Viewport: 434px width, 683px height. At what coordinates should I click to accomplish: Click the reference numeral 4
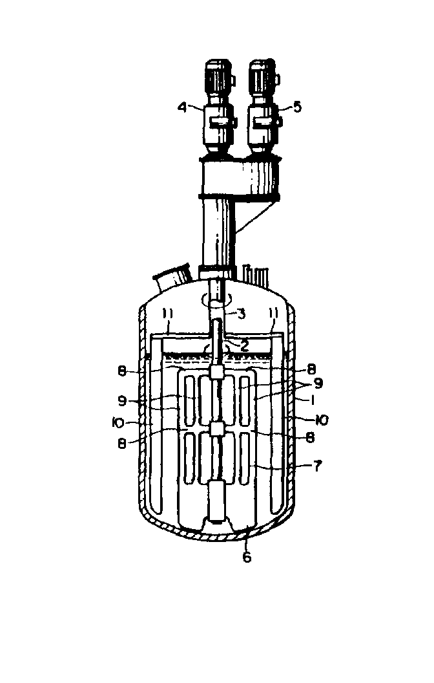pos(183,106)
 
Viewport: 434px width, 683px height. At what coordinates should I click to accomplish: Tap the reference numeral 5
pos(297,107)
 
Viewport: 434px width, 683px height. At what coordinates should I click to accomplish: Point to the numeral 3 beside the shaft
pos(241,314)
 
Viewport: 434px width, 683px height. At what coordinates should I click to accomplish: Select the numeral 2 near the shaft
pos(244,346)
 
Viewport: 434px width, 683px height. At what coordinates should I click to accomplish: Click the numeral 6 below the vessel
pos(247,557)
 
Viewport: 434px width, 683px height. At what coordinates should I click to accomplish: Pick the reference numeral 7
pos(318,466)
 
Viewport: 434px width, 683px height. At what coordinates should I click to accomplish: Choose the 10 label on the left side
pos(118,422)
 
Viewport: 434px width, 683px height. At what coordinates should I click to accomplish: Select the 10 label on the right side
pos(322,420)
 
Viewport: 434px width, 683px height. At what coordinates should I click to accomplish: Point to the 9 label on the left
pos(122,400)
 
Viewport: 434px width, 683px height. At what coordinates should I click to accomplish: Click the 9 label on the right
pos(318,384)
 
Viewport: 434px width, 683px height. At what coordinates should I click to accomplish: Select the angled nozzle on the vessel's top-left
pos(172,279)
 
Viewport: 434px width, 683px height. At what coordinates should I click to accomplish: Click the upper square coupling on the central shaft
pos(218,372)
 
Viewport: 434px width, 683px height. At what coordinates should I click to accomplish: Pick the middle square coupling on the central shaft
pos(218,429)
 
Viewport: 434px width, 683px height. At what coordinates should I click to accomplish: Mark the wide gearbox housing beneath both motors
pos(238,178)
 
